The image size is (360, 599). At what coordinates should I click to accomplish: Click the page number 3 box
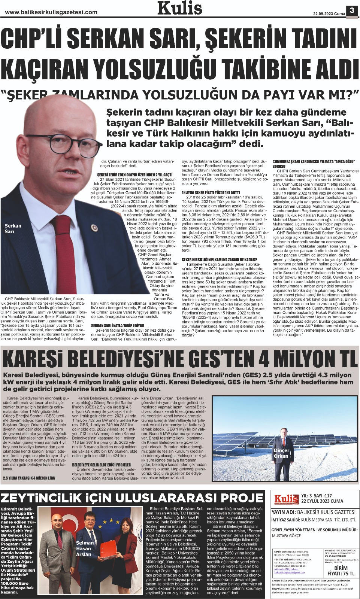coord(352,10)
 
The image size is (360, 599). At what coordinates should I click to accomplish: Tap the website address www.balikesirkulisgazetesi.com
coord(51,12)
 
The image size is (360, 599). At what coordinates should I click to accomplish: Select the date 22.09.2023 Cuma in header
coord(329,13)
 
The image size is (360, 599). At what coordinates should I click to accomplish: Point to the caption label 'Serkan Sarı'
coord(13,228)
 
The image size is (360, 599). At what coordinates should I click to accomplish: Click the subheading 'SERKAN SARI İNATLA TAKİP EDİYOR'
coord(118,326)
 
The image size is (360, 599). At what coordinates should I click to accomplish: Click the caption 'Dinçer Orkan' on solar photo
coord(281,453)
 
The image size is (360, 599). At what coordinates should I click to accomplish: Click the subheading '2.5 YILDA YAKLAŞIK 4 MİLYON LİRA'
coord(29,478)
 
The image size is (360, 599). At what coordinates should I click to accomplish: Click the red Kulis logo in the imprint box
coord(286,499)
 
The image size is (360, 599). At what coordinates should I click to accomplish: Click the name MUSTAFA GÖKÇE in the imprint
coord(287,536)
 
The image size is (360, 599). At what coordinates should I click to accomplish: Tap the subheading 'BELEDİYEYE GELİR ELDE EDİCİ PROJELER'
coord(102,465)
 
